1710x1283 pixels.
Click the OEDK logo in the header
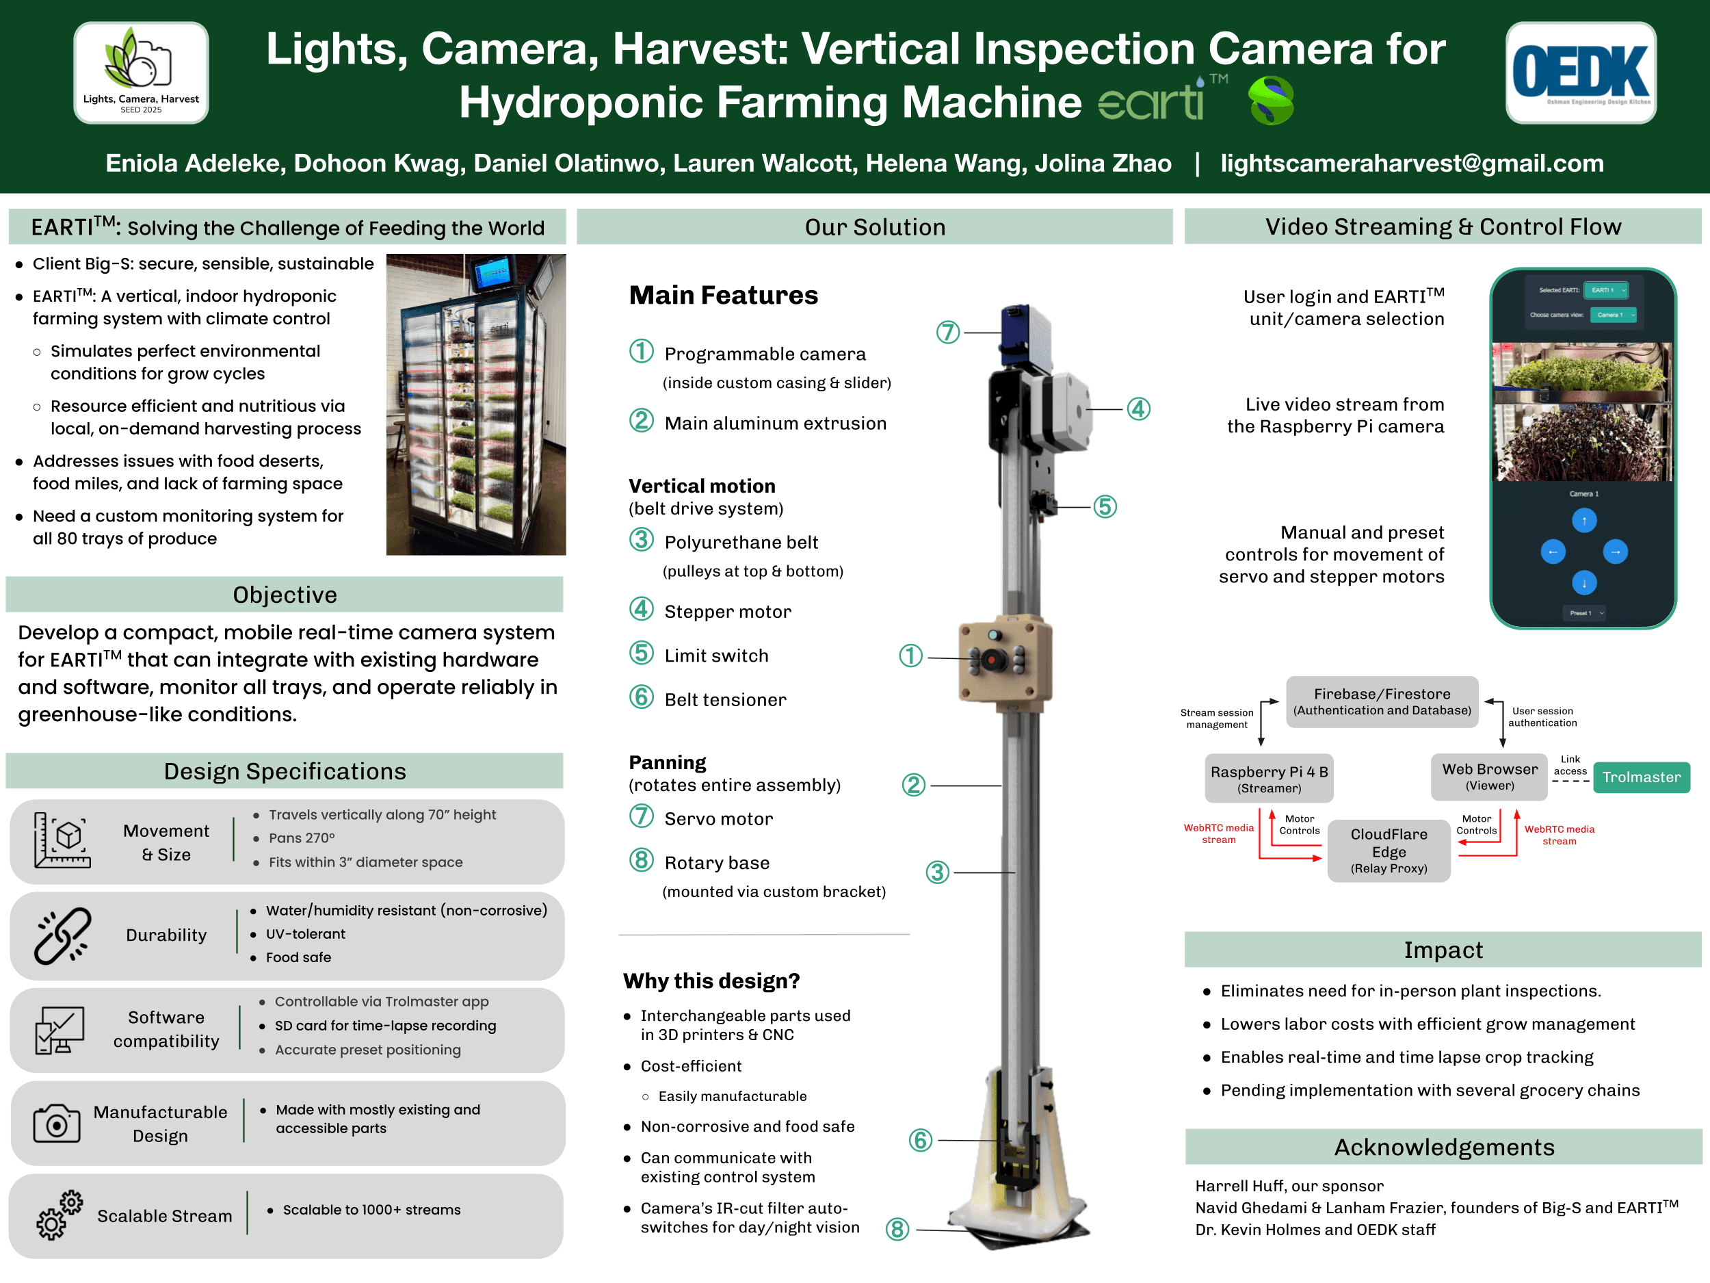[1580, 73]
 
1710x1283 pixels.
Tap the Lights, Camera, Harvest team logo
[142, 73]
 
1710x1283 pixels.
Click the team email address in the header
[1412, 163]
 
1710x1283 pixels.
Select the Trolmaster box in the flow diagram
[1641, 777]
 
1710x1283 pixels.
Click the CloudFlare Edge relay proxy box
[1389, 851]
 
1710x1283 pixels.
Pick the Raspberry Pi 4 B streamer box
[1269, 778]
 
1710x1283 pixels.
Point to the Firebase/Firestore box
[1382, 701]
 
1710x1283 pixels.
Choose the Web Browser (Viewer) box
[1490, 777]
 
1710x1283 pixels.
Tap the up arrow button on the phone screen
[1584, 521]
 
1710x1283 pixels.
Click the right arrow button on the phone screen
[1615, 552]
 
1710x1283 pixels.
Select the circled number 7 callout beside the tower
[948, 333]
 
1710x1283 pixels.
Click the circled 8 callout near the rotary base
[897, 1229]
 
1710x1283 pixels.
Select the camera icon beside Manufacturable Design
[57, 1123]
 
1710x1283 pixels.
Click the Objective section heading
[285, 595]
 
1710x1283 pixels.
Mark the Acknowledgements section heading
[1444, 1147]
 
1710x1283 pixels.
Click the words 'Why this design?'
[711, 981]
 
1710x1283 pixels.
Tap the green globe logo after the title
[1271, 101]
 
